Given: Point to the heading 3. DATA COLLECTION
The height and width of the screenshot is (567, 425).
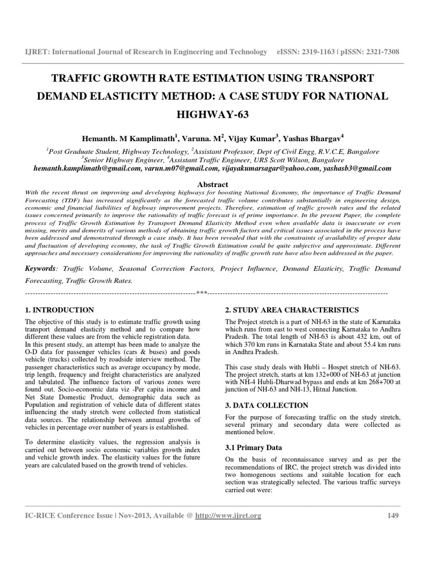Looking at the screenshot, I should [263, 406].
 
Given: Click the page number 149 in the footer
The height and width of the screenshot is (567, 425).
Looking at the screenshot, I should [392, 516].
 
